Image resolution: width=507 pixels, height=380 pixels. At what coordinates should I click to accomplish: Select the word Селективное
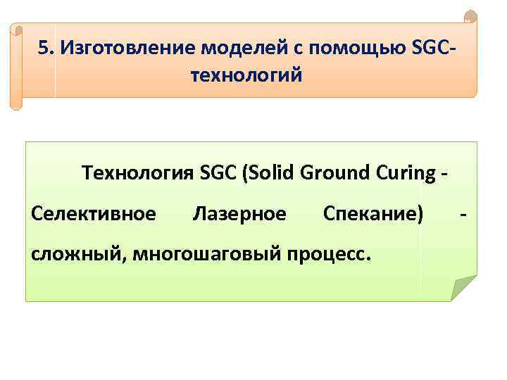[x=94, y=212]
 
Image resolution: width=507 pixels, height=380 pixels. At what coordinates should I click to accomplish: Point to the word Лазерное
[x=239, y=212]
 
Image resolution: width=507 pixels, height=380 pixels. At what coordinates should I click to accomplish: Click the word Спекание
[x=373, y=212]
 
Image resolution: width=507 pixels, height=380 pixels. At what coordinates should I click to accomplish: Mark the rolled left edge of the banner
[x=16, y=67]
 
